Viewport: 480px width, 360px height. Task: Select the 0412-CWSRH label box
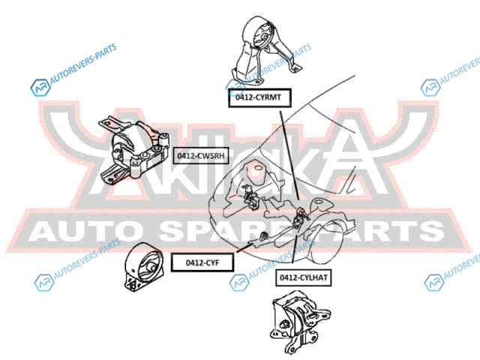pos(200,155)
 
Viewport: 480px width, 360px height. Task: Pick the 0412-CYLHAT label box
pos(304,277)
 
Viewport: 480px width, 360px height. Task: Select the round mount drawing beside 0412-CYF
pos(142,268)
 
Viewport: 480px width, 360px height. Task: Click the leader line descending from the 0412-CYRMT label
pos(288,157)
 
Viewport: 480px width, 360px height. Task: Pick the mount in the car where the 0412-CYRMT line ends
pos(301,217)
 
